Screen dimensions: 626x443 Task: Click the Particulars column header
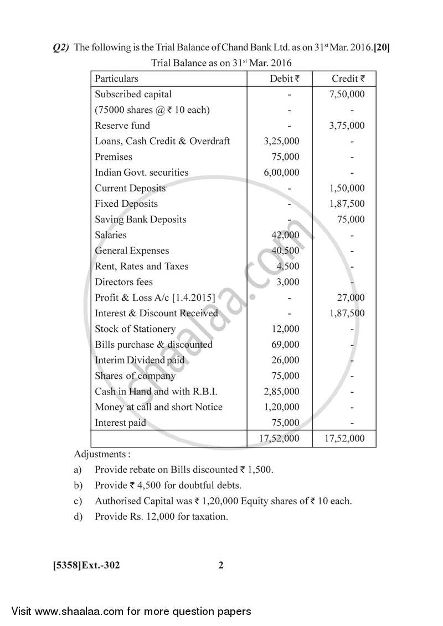tap(116, 79)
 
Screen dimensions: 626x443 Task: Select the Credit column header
tap(348, 79)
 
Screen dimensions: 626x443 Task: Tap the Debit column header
tap(284, 79)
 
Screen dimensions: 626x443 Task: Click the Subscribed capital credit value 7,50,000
tap(347, 94)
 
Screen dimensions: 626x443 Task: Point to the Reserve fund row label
tap(122, 126)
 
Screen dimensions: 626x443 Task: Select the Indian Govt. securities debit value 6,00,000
tap(282, 173)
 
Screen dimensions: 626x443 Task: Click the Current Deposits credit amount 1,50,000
tap(347, 188)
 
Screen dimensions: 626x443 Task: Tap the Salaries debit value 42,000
tap(285, 235)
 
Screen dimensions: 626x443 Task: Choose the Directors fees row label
tap(123, 282)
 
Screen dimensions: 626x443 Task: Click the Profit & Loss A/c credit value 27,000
tap(351, 298)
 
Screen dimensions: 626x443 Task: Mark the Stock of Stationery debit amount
tap(286, 329)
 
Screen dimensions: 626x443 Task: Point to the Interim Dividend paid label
tap(140, 360)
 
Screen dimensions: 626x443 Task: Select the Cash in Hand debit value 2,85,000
tap(282, 392)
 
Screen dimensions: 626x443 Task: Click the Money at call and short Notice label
tap(158, 407)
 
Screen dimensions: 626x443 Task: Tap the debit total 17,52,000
tap(279, 439)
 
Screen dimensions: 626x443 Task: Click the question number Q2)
tap(60, 48)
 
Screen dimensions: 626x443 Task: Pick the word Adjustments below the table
tap(102, 455)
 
